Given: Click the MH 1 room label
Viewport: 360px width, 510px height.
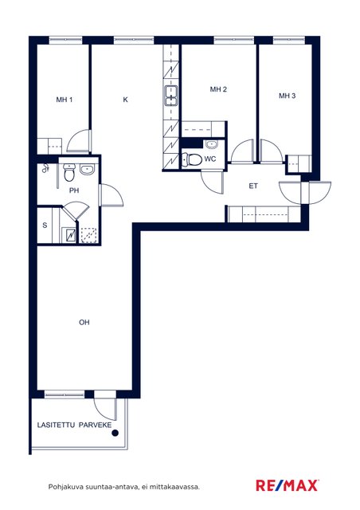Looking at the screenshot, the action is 64,100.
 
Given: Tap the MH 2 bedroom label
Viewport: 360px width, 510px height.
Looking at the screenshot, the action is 218,89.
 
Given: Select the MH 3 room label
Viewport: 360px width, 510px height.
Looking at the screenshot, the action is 288,96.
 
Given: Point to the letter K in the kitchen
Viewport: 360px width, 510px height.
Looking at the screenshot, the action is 125,100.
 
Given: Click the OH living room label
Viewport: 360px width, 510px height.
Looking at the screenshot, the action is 84,322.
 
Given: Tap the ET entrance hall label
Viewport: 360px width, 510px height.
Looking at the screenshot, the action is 253,186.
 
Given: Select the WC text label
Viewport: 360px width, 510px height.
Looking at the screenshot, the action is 210,159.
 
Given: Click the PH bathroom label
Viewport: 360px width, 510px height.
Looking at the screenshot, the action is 74,190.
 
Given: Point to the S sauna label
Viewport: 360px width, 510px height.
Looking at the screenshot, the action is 45,225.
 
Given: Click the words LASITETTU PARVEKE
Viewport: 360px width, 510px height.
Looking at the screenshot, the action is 74,425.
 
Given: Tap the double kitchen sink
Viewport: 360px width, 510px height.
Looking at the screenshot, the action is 171,96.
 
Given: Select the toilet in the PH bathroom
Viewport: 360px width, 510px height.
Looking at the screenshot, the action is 69,173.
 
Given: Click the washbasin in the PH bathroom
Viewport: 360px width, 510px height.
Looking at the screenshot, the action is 87,170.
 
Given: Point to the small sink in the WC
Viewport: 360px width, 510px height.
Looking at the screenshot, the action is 212,143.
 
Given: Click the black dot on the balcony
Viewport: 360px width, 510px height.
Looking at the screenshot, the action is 115,433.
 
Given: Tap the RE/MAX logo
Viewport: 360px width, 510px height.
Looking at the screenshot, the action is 287,485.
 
